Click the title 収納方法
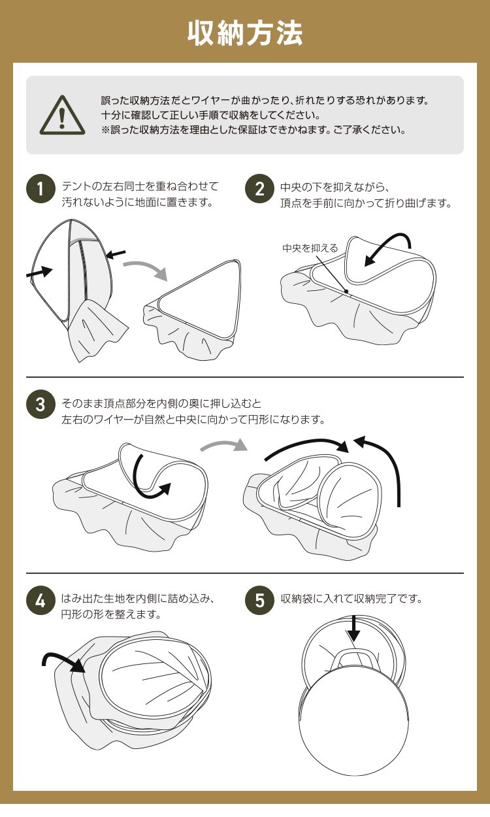point(244,33)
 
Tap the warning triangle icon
point(62,115)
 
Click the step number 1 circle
point(41,189)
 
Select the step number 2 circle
point(259,189)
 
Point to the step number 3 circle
point(41,405)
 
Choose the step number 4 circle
point(41,601)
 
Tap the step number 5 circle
point(259,601)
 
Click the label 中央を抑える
point(310,248)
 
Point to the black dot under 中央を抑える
point(346,291)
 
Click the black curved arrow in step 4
point(62,655)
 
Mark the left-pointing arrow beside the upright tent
point(116,254)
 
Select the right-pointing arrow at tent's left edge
point(39,273)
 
